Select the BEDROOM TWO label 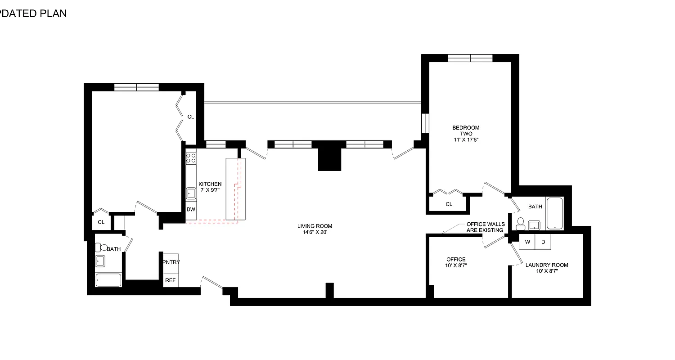click(466, 134)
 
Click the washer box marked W click(527, 242)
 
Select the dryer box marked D click(543, 242)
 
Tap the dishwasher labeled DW click(191, 210)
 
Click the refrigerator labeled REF click(170, 280)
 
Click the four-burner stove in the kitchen click(191, 158)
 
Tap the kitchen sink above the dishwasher click(191, 193)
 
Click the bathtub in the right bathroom click(554, 214)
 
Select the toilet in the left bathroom click(101, 247)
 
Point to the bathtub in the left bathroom click(108, 280)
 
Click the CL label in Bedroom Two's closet click(449, 204)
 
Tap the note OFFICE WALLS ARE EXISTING click(485, 227)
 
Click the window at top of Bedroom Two click(470, 58)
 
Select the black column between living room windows click(329, 156)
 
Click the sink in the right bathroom click(535, 224)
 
